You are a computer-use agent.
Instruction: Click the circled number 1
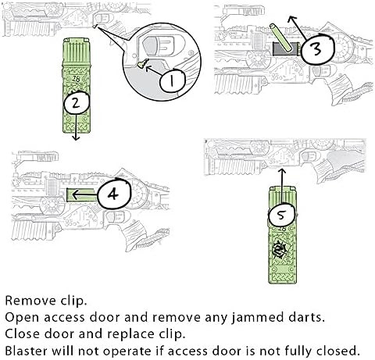pyautogui.click(x=172, y=80)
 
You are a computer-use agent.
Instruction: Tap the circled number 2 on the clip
pyautogui.click(x=77, y=103)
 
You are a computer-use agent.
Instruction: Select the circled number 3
pyautogui.click(x=317, y=49)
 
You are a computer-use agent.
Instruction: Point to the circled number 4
pyautogui.click(x=114, y=194)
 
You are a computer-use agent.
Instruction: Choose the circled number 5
pyautogui.click(x=282, y=215)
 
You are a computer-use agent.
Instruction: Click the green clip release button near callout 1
pyautogui.click(x=142, y=63)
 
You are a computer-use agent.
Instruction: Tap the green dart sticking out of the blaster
pyautogui.click(x=280, y=37)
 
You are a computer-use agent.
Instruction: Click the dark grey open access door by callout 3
pyautogui.click(x=286, y=48)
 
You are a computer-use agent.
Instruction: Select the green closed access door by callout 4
pyautogui.click(x=82, y=195)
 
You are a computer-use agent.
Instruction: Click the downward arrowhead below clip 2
pyautogui.click(x=76, y=137)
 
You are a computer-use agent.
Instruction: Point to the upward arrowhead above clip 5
pyautogui.click(x=282, y=171)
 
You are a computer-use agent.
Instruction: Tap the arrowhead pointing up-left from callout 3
pyautogui.click(x=291, y=19)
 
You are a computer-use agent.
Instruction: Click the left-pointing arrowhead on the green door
pyautogui.click(x=74, y=194)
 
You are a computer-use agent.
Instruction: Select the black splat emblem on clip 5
pyautogui.click(x=280, y=250)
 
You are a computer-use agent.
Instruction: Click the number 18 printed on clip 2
pyautogui.click(x=76, y=78)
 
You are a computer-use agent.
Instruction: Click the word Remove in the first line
pyautogui.click(x=30, y=301)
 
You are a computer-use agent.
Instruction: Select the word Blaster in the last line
pyautogui.click(x=27, y=351)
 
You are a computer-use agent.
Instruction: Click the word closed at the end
pyautogui.click(x=338, y=351)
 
